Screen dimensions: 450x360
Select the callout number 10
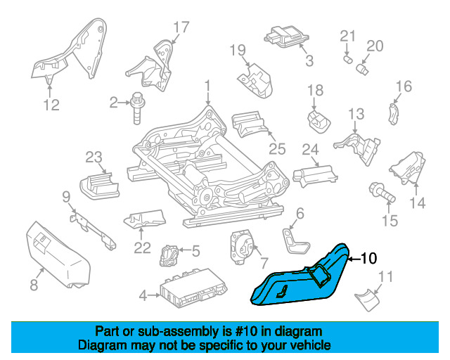[x=368, y=259]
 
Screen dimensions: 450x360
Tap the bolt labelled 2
[x=138, y=108]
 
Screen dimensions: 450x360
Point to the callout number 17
[x=181, y=27]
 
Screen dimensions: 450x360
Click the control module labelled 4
[x=194, y=288]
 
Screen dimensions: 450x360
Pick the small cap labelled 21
[x=348, y=60]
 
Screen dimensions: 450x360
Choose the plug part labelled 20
[x=362, y=69]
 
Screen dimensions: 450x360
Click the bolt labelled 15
[x=382, y=193]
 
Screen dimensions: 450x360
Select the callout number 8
[x=34, y=285]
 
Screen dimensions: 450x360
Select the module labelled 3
[x=286, y=37]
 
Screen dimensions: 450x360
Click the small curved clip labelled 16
[x=394, y=114]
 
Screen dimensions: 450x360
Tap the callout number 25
[x=277, y=148]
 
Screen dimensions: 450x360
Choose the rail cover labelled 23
[x=99, y=186]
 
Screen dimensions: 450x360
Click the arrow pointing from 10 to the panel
[x=354, y=259]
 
